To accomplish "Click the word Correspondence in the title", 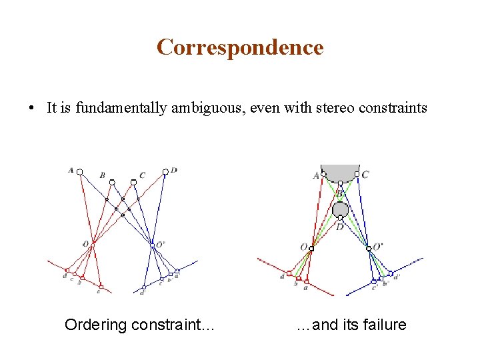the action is click(240, 47).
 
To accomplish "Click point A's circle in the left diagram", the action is click(80, 172).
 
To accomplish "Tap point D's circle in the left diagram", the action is click(165, 172).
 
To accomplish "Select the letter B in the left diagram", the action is click(102, 175).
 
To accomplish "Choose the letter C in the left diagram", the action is click(142, 175).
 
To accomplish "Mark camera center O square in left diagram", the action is click(93, 243).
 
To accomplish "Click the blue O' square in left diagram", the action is click(153, 244).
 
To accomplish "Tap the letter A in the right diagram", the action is click(316, 175).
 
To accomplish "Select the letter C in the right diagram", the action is click(365, 175).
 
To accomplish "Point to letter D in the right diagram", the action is click(340, 227).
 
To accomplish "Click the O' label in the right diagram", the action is click(377, 247).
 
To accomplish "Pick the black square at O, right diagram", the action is click(311, 249).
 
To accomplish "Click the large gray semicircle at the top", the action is click(340, 171).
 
